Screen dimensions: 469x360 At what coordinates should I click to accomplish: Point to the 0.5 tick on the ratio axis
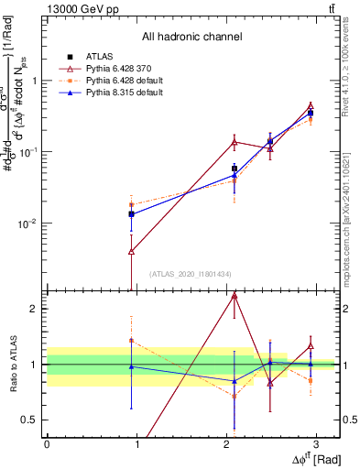coord(33,420)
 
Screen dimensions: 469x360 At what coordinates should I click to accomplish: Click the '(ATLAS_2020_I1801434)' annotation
coord(191,274)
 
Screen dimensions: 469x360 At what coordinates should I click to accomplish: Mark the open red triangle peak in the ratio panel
coord(235,296)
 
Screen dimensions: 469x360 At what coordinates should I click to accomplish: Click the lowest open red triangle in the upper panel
coord(132,251)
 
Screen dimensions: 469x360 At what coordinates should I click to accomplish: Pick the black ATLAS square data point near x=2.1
coord(235,169)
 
